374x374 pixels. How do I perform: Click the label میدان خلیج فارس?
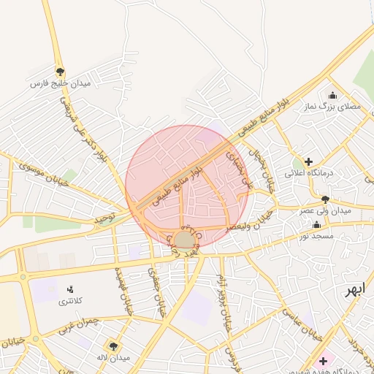pyautogui.click(x=59, y=84)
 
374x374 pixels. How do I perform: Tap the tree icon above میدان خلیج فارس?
pyautogui.click(x=60, y=72)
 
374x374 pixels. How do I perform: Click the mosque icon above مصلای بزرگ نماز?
pyautogui.click(x=333, y=95)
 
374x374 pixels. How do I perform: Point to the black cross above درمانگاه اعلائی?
pyautogui.click(x=308, y=161)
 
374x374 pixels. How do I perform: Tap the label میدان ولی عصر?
pyautogui.click(x=325, y=210)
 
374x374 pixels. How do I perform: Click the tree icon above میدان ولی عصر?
pyautogui.click(x=325, y=199)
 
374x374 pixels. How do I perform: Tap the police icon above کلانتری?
pyautogui.click(x=70, y=290)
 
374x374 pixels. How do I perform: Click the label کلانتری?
pyautogui.click(x=70, y=302)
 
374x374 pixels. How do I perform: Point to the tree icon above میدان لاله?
pyautogui.click(x=112, y=346)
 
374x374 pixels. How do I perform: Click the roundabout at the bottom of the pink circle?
pyautogui.click(x=184, y=240)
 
